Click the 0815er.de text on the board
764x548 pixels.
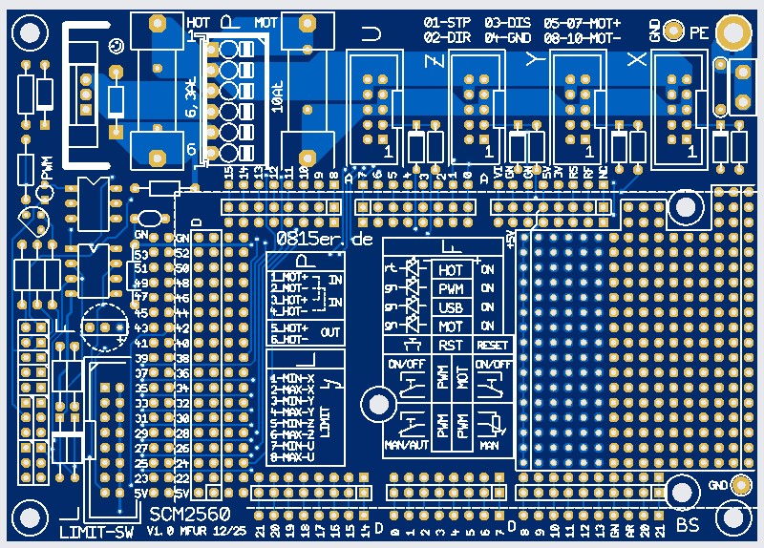324,240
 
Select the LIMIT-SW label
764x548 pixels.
95,531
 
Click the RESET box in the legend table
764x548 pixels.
493,345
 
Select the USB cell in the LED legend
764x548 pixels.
451,307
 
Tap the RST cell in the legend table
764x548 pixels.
451,345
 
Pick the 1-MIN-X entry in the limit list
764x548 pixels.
291,378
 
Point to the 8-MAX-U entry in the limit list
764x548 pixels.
291,457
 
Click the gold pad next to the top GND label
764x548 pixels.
674,32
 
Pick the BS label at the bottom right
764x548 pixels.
688,525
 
